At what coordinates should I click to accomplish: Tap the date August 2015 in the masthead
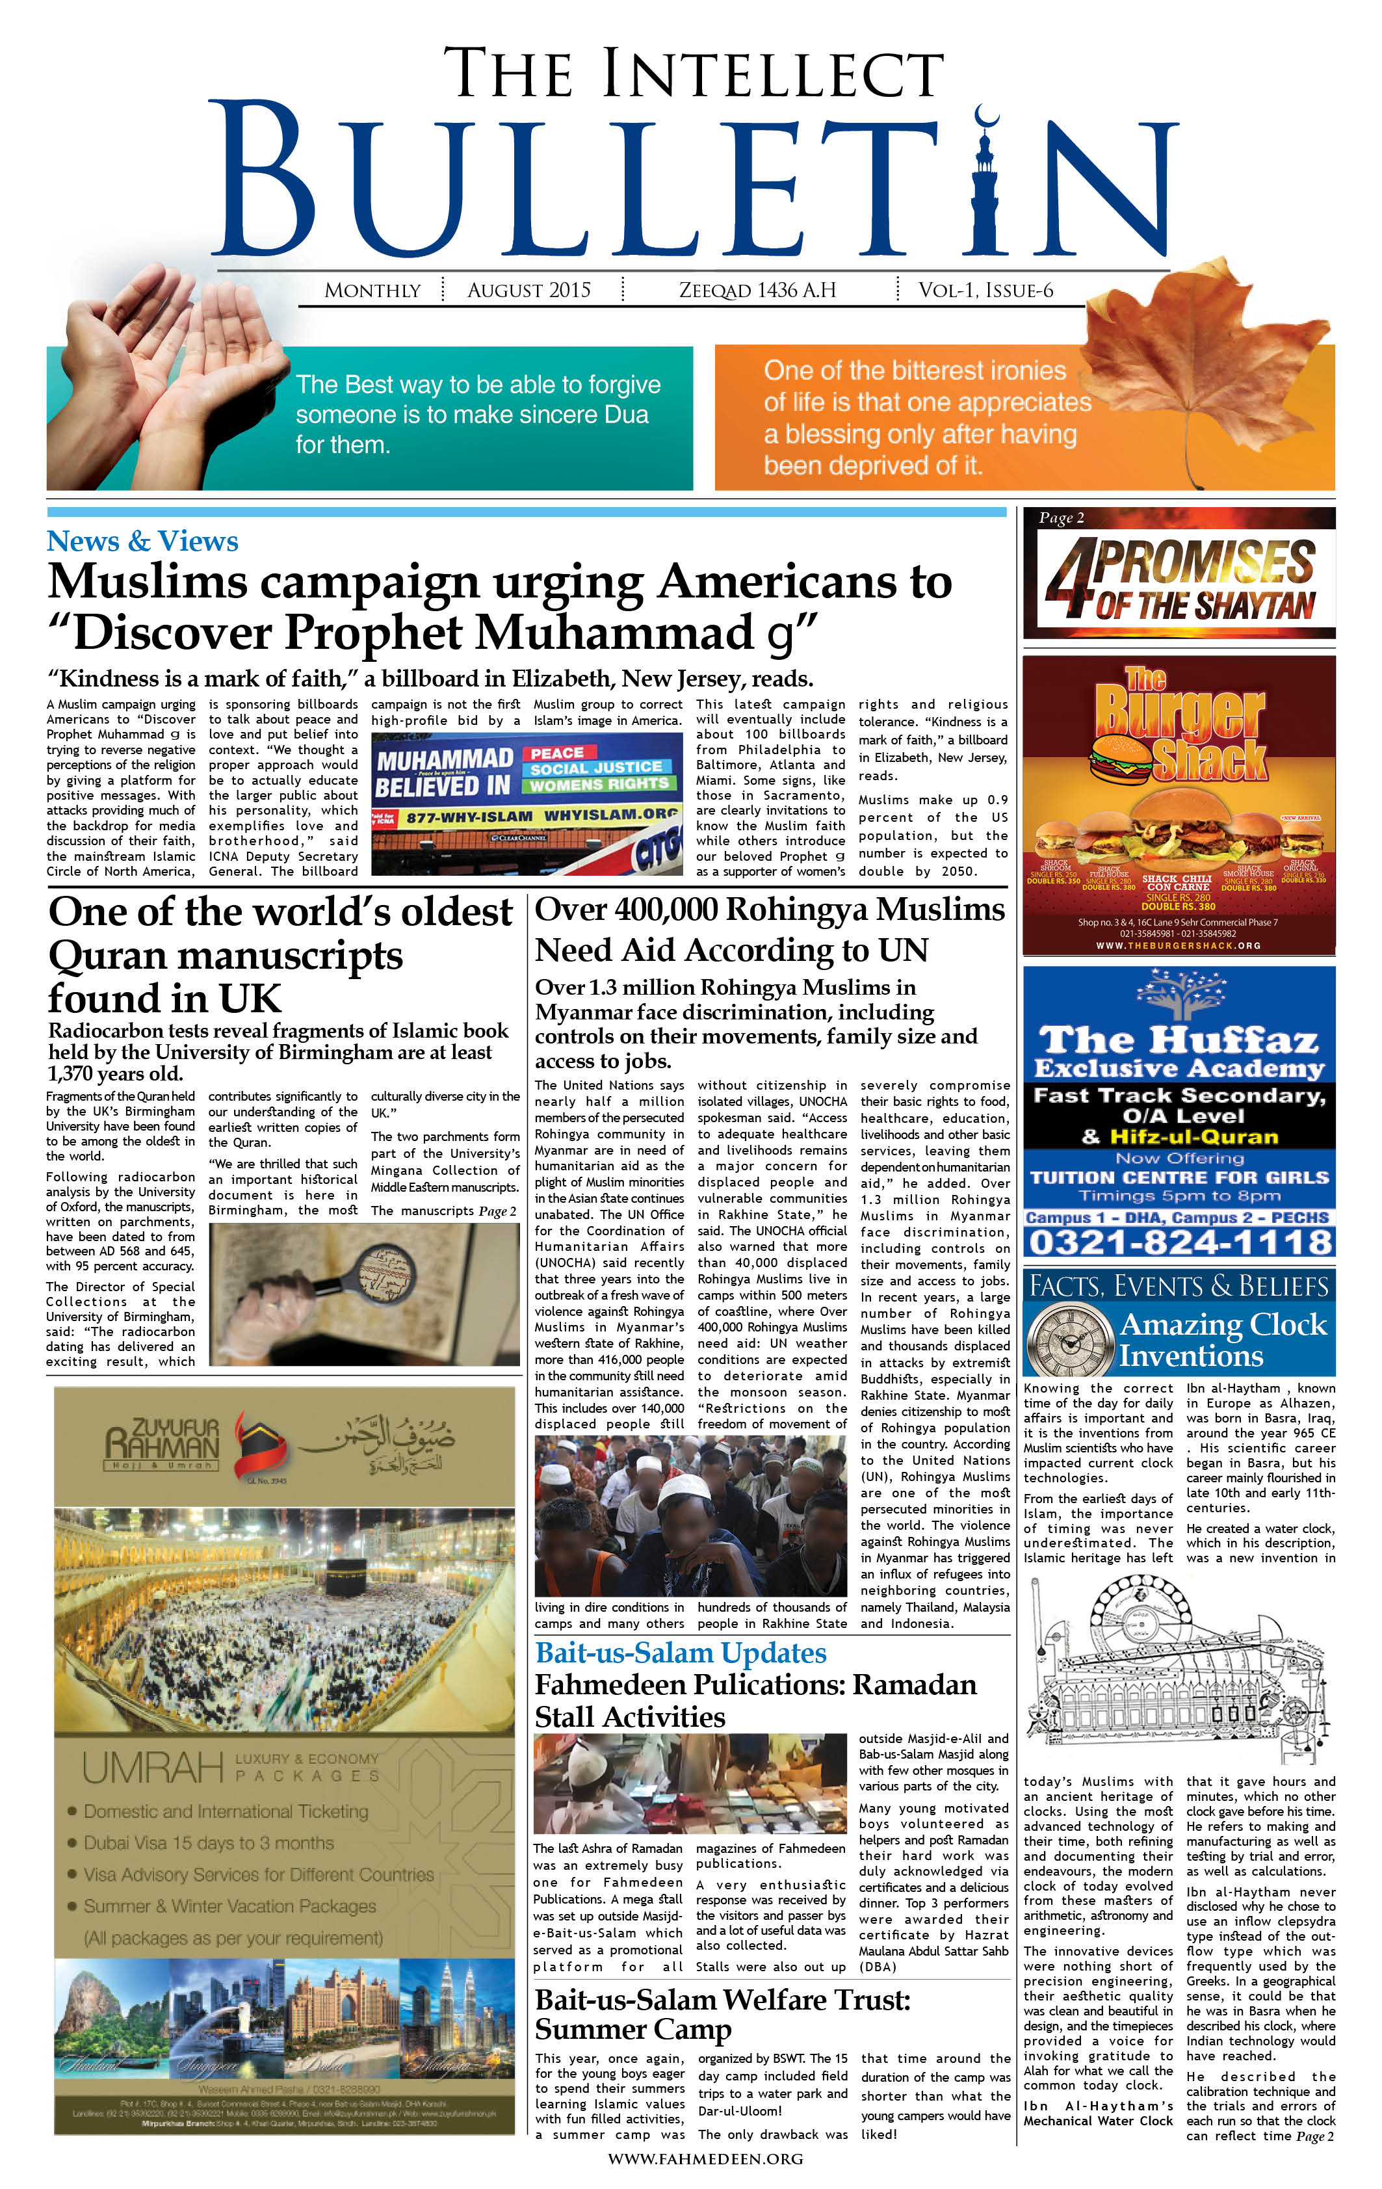pyautogui.click(x=528, y=290)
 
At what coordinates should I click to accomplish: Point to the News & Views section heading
pyautogui.click(x=143, y=541)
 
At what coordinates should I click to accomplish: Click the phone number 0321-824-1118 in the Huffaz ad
pyautogui.click(x=1179, y=1242)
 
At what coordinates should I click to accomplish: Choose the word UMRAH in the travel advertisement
pyautogui.click(x=153, y=1768)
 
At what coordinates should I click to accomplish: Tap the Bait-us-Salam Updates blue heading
pyautogui.click(x=680, y=1653)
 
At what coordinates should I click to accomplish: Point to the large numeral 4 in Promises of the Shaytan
pyautogui.click(x=1071, y=578)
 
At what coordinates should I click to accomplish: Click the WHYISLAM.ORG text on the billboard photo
pyautogui.click(x=611, y=815)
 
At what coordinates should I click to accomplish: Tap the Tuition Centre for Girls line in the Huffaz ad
pyautogui.click(x=1179, y=1177)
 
